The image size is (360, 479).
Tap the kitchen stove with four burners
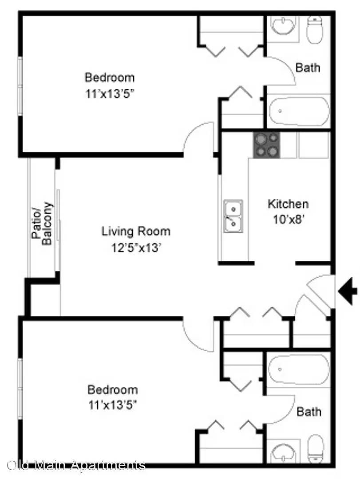[x=266, y=145]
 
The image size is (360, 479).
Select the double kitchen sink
[x=233, y=216]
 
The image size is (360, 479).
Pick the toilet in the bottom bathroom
[x=315, y=448]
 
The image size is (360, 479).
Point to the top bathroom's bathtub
[x=299, y=111]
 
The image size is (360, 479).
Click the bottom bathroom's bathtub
[x=299, y=369]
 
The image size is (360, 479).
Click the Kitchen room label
[x=288, y=204]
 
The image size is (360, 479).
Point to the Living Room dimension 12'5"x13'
[x=136, y=248]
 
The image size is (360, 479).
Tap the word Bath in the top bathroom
[x=308, y=67]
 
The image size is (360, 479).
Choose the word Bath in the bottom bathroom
[x=309, y=412]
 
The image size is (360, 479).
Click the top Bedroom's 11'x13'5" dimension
[x=110, y=94]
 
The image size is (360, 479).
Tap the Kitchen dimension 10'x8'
[x=289, y=220]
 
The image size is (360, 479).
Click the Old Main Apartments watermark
[x=76, y=465]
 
